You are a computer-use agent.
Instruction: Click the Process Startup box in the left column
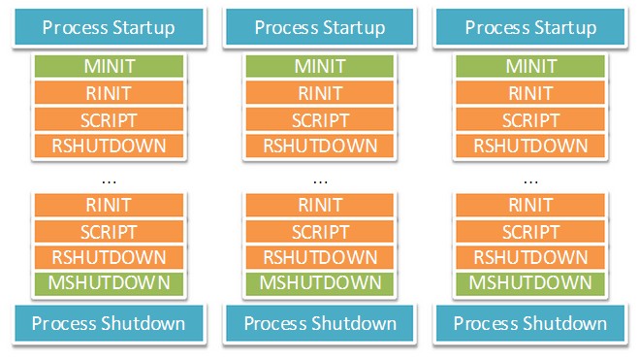tap(109, 27)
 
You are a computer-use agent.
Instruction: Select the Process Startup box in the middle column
tap(319, 27)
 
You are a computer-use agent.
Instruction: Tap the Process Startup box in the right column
tap(529, 27)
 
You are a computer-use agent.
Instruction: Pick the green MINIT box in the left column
tap(109, 67)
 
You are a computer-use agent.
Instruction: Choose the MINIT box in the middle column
tap(319, 67)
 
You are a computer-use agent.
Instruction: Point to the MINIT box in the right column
tap(529, 67)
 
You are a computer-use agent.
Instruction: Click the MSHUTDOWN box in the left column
tap(109, 282)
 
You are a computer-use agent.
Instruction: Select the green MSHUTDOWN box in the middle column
tap(319, 282)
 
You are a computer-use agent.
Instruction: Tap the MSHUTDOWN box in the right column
tap(529, 282)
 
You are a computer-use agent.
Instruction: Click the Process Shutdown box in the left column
tap(109, 323)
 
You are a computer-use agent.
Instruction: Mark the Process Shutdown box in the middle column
tap(319, 323)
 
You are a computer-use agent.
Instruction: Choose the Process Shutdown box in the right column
tap(529, 323)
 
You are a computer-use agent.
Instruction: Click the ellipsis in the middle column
tap(319, 181)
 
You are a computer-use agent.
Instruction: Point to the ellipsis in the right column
tap(529, 181)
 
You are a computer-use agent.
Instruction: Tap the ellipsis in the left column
tap(109, 181)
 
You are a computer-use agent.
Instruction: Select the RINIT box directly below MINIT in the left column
tap(109, 93)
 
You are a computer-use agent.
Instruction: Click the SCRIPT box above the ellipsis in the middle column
tap(319, 120)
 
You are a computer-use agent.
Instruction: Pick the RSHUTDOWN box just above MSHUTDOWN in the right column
tap(529, 256)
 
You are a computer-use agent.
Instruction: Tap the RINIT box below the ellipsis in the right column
tap(529, 205)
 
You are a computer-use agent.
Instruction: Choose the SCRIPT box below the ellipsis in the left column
tap(109, 231)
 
